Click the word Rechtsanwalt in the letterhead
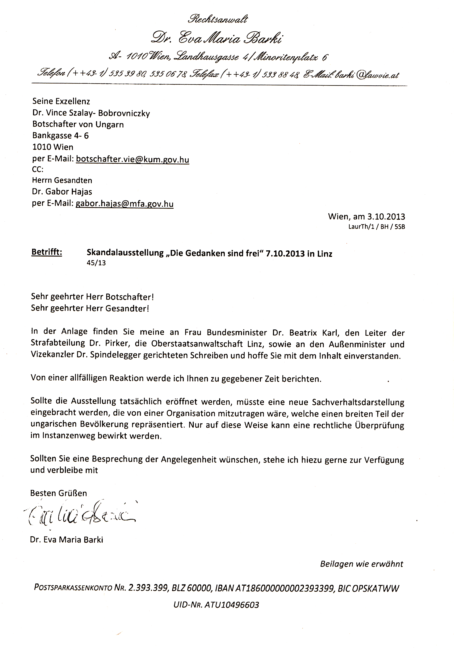[218, 19]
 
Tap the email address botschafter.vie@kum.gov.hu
[132, 159]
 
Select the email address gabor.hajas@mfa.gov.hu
[124, 204]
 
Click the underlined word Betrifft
[47, 252]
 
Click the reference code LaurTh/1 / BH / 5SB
[377, 227]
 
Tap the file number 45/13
[96, 263]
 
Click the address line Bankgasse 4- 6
[60, 136]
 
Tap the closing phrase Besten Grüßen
[58, 493]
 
